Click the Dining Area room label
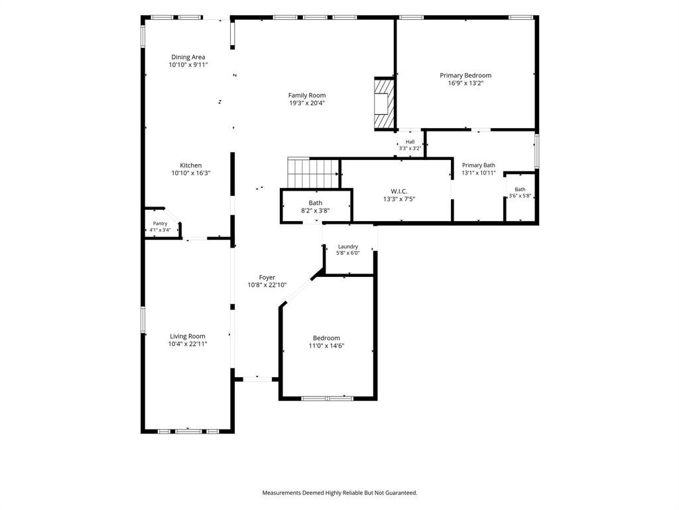coord(188,57)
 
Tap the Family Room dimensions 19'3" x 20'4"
coord(307,103)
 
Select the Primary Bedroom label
coord(465,76)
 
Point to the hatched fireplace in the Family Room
coord(384,103)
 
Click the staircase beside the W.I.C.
coord(313,173)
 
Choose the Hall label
coord(410,142)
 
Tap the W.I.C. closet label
coord(399,191)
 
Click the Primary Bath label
coord(479,165)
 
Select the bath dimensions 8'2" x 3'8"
coord(316,211)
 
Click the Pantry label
coord(160,224)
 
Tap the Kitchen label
coord(191,165)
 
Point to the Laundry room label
coord(348,247)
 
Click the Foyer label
coord(267,278)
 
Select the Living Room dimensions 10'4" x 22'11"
coord(188,344)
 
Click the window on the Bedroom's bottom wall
coord(328,398)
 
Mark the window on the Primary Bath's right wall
coord(537,151)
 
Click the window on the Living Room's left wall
coord(143,320)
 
